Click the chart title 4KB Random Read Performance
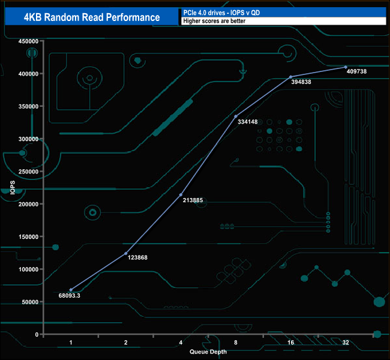pyautogui.click(x=92, y=17)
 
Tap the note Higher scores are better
pyautogui.click(x=215, y=21)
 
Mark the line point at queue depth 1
pyautogui.click(x=71, y=290)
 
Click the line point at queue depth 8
pyautogui.click(x=236, y=116)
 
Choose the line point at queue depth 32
pyautogui.click(x=346, y=67)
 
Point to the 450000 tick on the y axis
pyautogui.click(x=28, y=41)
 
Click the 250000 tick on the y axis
pyautogui.click(x=28, y=172)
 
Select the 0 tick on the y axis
pyautogui.click(x=37, y=334)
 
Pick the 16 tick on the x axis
pyautogui.click(x=290, y=343)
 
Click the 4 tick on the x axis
pyautogui.click(x=181, y=343)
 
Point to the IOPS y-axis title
pyautogui.click(x=13, y=188)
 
